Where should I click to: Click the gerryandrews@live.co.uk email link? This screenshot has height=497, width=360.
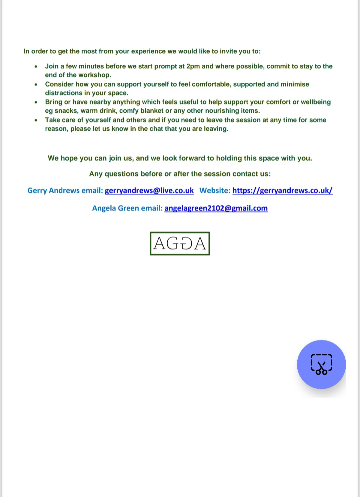click(149, 190)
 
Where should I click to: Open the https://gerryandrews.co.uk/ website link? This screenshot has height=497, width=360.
click(282, 190)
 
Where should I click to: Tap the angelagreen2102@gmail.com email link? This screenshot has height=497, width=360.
click(216, 208)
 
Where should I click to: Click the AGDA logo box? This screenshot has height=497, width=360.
click(180, 243)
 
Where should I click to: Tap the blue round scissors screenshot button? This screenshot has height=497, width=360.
click(321, 364)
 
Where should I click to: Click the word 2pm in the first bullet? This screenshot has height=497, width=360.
click(193, 66)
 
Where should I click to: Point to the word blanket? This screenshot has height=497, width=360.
click(151, 111)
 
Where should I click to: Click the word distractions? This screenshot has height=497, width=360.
click(64, 93)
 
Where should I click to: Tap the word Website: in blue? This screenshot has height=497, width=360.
click(215, 190)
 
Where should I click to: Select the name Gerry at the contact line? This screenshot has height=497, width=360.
click(37, 190)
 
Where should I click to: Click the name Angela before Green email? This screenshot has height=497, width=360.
click(104, 208)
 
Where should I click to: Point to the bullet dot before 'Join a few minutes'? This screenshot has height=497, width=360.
click(36, 66)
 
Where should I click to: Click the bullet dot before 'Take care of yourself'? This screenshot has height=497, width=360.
click(36, 120)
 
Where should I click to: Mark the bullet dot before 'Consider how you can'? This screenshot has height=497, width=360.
click(36, 84)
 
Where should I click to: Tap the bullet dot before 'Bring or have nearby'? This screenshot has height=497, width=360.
click(36, 102)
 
